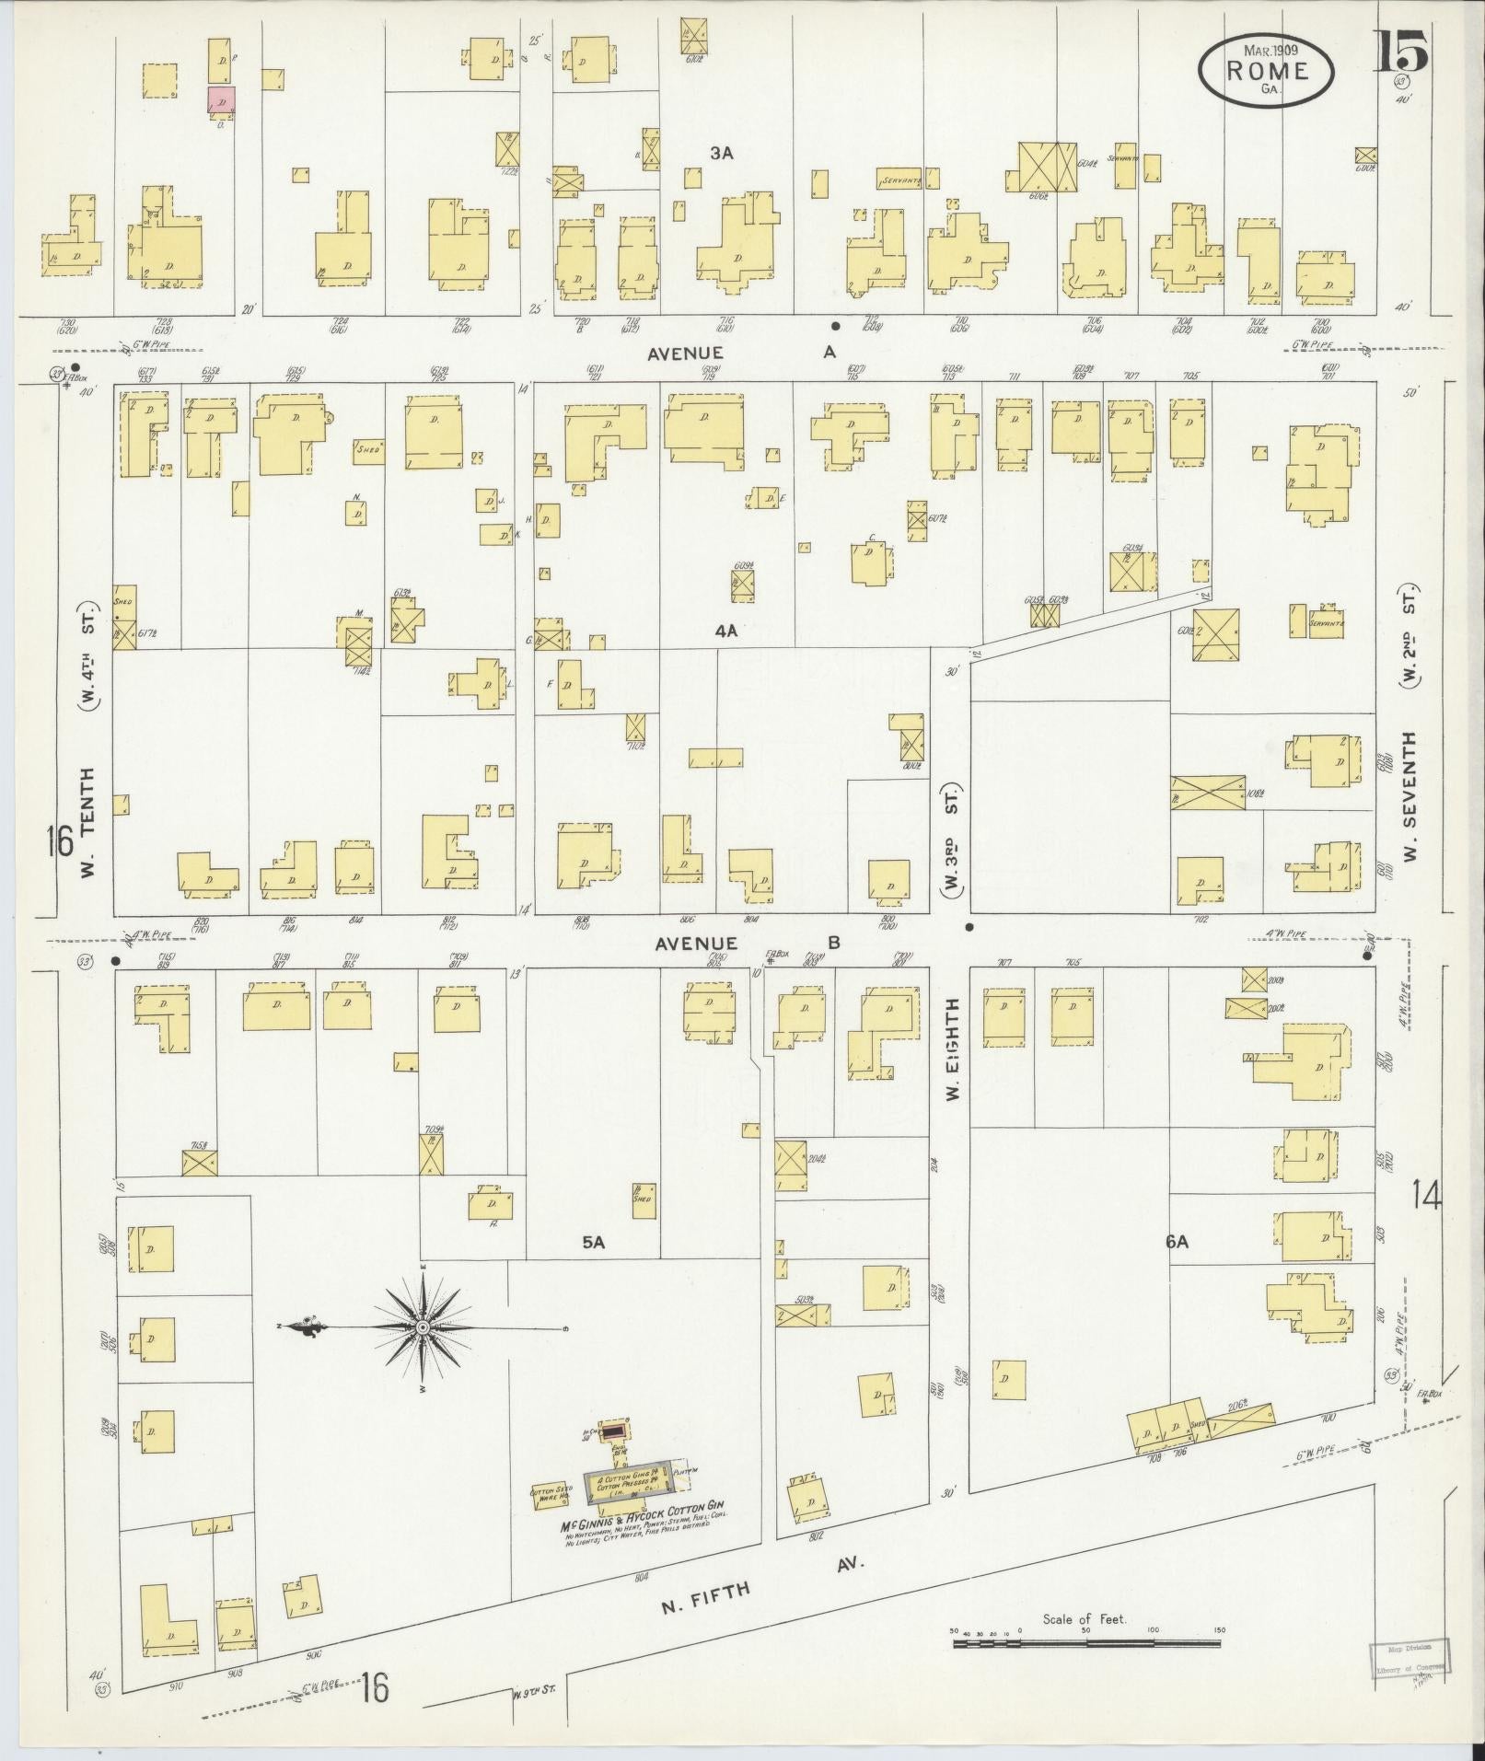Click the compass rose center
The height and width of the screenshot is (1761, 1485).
(x=422, y=1327)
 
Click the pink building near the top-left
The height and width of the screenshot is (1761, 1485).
(x=221, y=99)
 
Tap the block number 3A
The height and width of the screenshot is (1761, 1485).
(x=721, y=154)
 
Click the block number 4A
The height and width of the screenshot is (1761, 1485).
(x=727, y=631)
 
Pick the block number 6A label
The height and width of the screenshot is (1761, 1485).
(x=1177, y=1241)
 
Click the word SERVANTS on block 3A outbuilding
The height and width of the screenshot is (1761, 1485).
(x=899, y=180)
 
